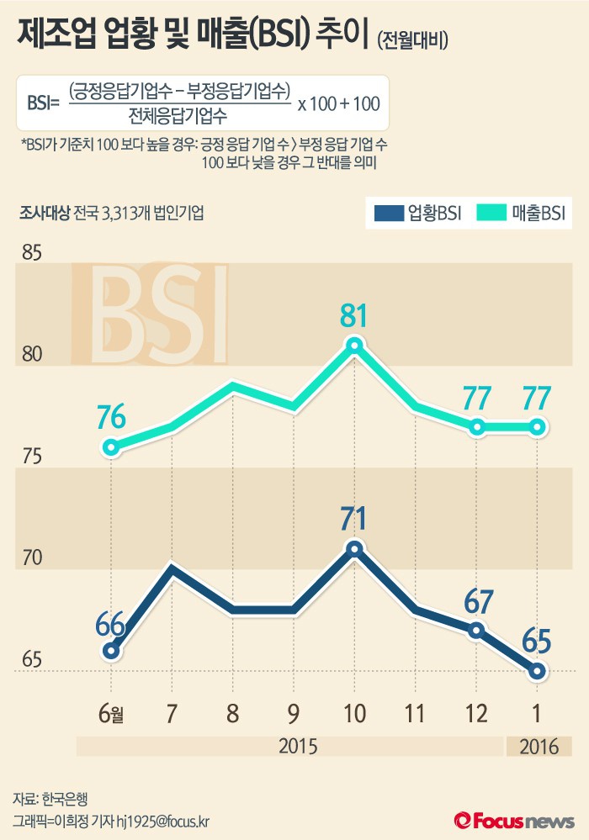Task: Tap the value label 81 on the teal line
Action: [x=354, y=316]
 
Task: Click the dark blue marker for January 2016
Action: [x=538, y=670]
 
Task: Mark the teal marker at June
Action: [x=111, y=447]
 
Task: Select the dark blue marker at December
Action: [x=477, y=630]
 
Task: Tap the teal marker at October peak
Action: [x=354, y=345]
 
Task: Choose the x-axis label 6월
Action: [x=111, y=714]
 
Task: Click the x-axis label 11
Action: [x=416, y=714]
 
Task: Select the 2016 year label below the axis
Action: [x=538, y=747]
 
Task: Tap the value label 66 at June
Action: [x=110, y=626]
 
